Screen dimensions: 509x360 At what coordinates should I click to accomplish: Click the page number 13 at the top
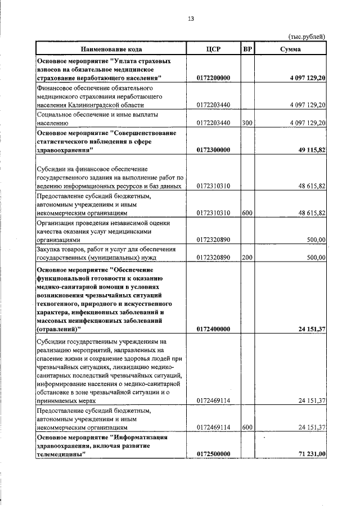tap(191, 19)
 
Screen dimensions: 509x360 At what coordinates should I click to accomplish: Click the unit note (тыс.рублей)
tap(307, 37)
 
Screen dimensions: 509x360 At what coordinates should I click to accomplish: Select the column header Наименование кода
tap(111, 49)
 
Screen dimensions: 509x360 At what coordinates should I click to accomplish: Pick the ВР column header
tap(247, 49)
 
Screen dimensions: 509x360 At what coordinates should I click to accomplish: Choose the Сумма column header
tap(290, 49)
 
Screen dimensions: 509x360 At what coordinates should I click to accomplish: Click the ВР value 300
tap(247, 122)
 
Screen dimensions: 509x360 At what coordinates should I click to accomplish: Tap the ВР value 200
tap(247, 257)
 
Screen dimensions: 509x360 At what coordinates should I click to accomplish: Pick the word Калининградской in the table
tap(105, 105)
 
